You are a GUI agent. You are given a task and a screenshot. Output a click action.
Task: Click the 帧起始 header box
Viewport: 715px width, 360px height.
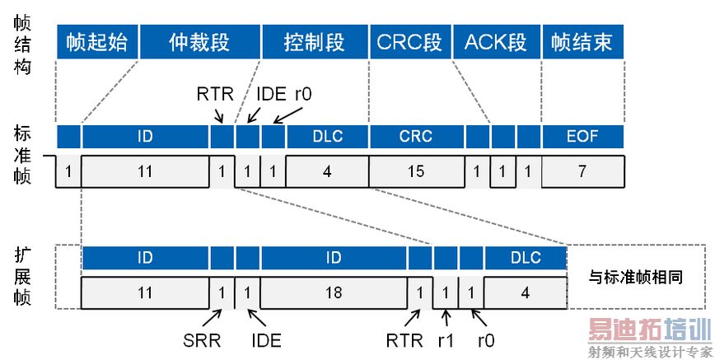(x=97, y=42)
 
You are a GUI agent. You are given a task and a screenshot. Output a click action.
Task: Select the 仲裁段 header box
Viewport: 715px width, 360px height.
(x=199, y=42)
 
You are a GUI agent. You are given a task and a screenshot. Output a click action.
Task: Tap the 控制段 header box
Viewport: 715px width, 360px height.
(x=314, y=42)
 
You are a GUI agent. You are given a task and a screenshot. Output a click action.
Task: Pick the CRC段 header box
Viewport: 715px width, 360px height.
(x=409, y=42)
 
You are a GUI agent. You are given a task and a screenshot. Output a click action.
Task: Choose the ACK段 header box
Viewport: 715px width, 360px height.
(x=495, y=42)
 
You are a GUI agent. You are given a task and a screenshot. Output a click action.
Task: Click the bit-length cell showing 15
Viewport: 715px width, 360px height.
(x=417, y=171)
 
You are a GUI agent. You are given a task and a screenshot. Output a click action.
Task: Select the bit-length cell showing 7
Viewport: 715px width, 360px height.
(x=582, y=171)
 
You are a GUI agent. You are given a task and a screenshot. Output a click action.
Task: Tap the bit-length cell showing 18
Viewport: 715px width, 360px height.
(x=334, y=292)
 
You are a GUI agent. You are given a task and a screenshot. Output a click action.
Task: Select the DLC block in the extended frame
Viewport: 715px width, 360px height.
(x=526, y=258)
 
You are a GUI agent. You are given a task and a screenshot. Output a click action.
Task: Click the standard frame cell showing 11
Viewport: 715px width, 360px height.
(x=145, y=171)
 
